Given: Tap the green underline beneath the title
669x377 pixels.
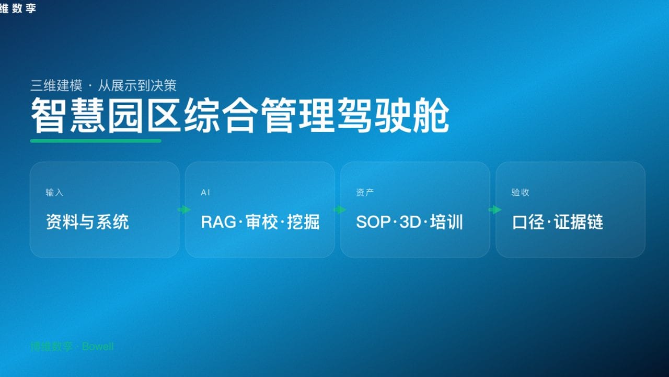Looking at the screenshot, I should (96, 140).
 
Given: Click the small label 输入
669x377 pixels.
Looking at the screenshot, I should (54, 193).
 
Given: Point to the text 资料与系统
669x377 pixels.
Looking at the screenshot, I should (87, 222).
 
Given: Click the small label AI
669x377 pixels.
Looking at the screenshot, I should (205, 193).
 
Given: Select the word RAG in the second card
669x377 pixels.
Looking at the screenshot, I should (218, 222).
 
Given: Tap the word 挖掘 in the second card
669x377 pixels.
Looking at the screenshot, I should (303, 222).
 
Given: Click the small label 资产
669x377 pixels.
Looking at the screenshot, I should (365, 193).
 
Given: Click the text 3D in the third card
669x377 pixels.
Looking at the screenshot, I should (410, 222).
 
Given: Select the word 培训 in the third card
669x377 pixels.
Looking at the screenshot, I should (446, 222).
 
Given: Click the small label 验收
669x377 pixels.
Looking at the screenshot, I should (520, 193).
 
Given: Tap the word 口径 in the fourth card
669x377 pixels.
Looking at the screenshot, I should (529, 222).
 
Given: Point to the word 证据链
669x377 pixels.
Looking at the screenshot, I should (579, 222).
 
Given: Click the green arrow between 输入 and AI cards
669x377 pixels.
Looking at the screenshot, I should (184, 210).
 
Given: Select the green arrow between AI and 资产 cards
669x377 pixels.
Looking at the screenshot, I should (339, 210).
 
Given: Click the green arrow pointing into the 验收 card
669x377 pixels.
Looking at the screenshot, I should (494, 210).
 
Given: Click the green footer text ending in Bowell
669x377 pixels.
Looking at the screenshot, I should (72, 347).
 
